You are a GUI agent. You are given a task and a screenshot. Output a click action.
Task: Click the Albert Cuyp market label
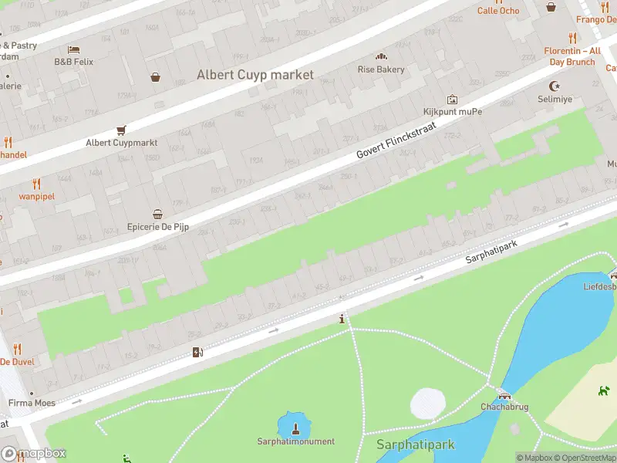tap(255, 75)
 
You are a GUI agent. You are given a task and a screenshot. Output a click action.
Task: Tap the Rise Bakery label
tap(380, 69)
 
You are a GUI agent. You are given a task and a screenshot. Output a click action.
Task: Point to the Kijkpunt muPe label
tap(453, 111)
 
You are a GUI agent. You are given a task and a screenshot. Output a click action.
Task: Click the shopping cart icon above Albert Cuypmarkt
tap(121, 130)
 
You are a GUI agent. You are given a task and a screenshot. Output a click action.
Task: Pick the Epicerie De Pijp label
tap(157, 228)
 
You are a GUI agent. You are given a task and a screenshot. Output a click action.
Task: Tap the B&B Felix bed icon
tap(73, 49)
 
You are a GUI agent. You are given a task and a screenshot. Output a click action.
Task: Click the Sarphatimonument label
tap(296, 441)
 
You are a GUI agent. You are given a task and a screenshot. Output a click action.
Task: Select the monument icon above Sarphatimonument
tap(295, 427)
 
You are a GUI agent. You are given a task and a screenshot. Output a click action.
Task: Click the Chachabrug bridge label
tap(504, 406)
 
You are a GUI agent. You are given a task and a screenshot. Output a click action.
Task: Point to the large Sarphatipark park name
tap(415, 445)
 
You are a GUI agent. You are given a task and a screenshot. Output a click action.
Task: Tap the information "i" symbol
tap(342, 318)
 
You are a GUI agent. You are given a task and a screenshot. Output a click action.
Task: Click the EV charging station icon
tap(197, 353)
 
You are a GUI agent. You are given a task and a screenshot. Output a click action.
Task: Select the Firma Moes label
tap(32, 403)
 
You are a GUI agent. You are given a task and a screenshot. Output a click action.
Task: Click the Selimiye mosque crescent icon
tap(552, 86)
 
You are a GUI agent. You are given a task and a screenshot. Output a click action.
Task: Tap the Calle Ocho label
tap(498, 11)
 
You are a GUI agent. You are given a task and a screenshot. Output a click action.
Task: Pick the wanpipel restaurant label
tap(36, 196)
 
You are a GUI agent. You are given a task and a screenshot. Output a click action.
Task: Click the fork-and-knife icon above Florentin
tap(571, 38)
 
